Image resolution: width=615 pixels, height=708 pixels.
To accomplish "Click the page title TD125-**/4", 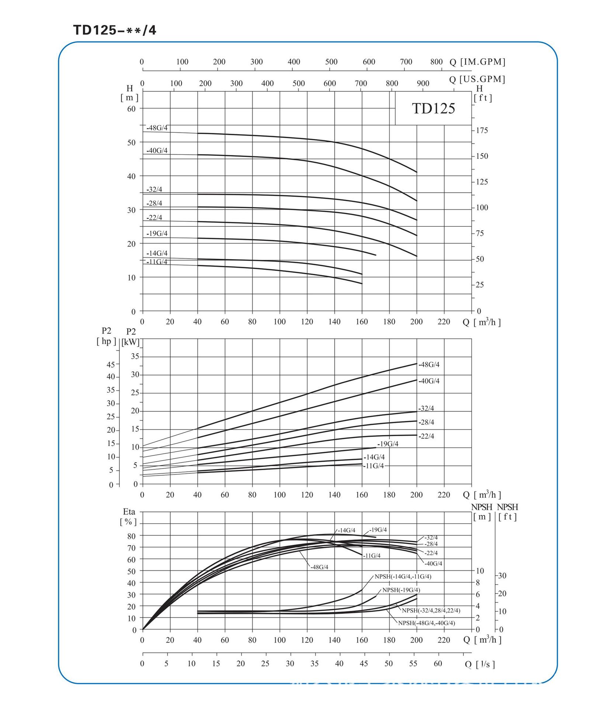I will click(x=115, y=30).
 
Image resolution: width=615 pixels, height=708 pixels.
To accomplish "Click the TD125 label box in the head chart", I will click(x=433, y=108).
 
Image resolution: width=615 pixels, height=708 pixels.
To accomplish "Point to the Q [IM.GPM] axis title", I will click(x=477, y=62).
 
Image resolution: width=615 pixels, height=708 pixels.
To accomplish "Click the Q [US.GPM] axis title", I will click(x=477, y=79).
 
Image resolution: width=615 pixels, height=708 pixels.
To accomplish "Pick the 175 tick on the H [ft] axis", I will click(x=482, y=131).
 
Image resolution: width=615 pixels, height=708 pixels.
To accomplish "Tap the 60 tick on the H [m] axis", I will click(x=132, y=109).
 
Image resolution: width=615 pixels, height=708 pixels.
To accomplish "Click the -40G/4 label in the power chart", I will click(x=429, y=381).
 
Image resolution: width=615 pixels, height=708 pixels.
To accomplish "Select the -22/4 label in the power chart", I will click(x=427, y=436).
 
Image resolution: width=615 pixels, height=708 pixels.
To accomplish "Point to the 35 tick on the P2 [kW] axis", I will click(x=135, y=357).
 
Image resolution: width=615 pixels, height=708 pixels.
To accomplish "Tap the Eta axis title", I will click(x=129, y=512).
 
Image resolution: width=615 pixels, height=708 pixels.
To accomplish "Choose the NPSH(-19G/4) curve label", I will click(x=401, y=590).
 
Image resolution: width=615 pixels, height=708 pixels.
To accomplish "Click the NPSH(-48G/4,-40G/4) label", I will click(x=427, y=623).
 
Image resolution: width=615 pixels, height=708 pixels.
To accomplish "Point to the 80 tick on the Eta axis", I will click(x=132, y=537).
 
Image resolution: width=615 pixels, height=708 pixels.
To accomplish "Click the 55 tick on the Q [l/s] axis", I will click(x=413, y=664).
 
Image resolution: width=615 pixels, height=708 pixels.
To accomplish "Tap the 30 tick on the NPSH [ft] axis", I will click(x=502, y=576).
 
